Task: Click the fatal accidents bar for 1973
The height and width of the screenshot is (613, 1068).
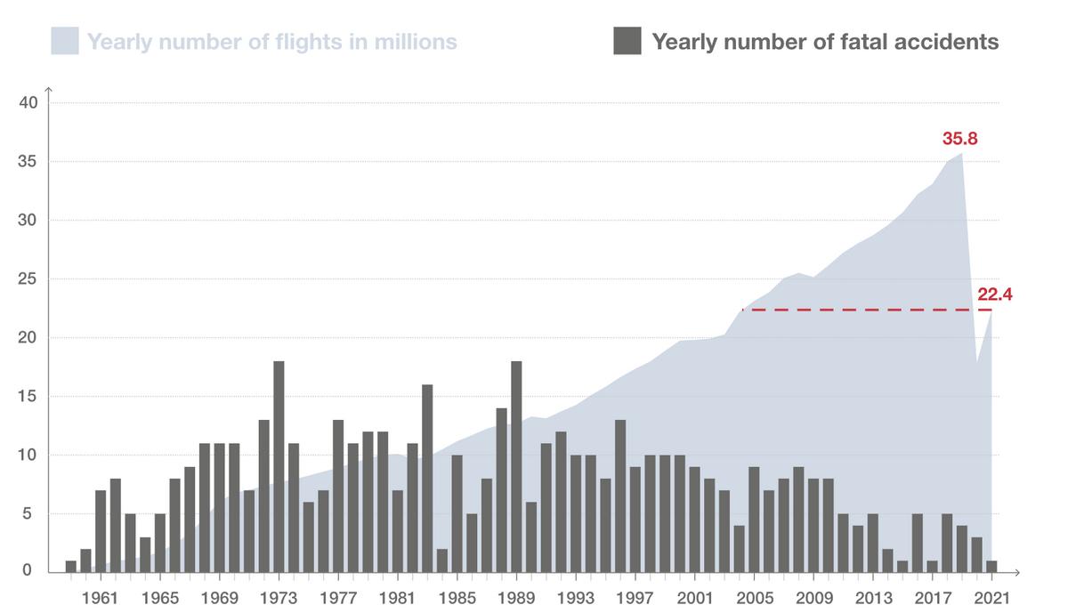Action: pyautogui.click(x=279, y=466)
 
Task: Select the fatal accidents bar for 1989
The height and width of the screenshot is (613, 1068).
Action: pyautogui.click(x=516, y=466)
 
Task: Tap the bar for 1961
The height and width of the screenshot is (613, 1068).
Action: pyautogui.click(x=101, y=530)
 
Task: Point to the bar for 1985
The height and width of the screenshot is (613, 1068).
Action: pyautogui.click(x=457, y=512)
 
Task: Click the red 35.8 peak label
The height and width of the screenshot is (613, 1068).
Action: pyautogui.click(x=960, y=139)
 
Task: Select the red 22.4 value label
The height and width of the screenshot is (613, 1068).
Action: pyautogui.click(x=994, y=294)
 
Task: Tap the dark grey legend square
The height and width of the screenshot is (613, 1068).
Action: pyautogui.click(x=627, y=41)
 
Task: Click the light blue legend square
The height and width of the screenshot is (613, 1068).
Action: pyautogui.click(x=65, y=41)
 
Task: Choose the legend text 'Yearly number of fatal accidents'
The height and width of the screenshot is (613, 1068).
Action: pyautogui.click(x=825, y=42)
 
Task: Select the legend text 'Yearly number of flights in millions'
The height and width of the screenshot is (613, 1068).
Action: pyautogui.click(x=272, y=42)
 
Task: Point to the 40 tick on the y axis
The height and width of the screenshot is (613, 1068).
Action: pyautogui.click(x=28, y=103)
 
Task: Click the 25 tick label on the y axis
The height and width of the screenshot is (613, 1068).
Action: pyautogui.click(x=28, y=279)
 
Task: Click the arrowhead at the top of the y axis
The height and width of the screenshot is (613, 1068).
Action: pyautogui.click(x=49, y=90)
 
